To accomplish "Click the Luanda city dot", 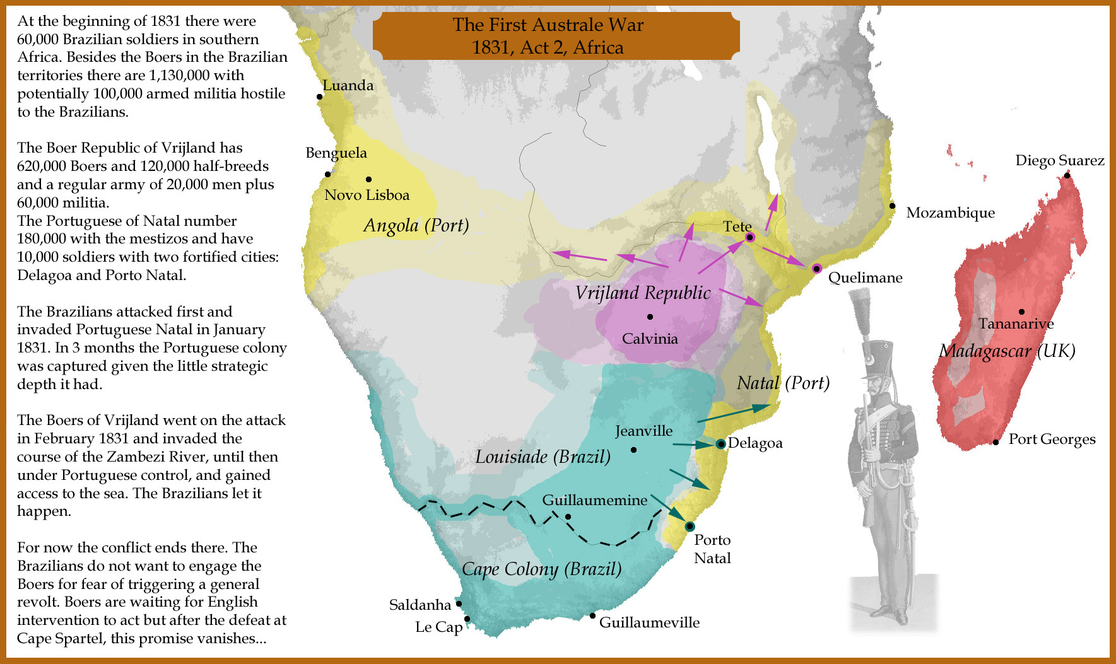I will (x=320, y=96).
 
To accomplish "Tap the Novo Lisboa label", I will (x=367, y=195).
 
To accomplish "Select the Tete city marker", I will (x=749, y=237).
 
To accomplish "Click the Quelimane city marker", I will (x=816, y=269).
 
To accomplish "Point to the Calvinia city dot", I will (x=650, y=317).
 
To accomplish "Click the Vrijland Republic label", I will (x=642, y=293).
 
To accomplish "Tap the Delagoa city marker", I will (x=720, y=444).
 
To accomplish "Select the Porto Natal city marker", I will (x=690, y=526).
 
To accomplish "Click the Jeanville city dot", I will (x=633, y=450).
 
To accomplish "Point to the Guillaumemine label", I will (x=594, y=500).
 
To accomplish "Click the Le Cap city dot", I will (x=467, y=619).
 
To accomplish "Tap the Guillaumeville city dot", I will (x=592, y=615).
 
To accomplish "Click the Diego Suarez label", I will (x=1059, y=160).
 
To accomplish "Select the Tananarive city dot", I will (x=1021, y=312).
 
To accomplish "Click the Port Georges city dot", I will (x=996, y=442).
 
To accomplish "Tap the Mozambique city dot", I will (x=892, y=206).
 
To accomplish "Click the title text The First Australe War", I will (x=548, y=25).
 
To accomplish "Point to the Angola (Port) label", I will (x=416, y=225).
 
